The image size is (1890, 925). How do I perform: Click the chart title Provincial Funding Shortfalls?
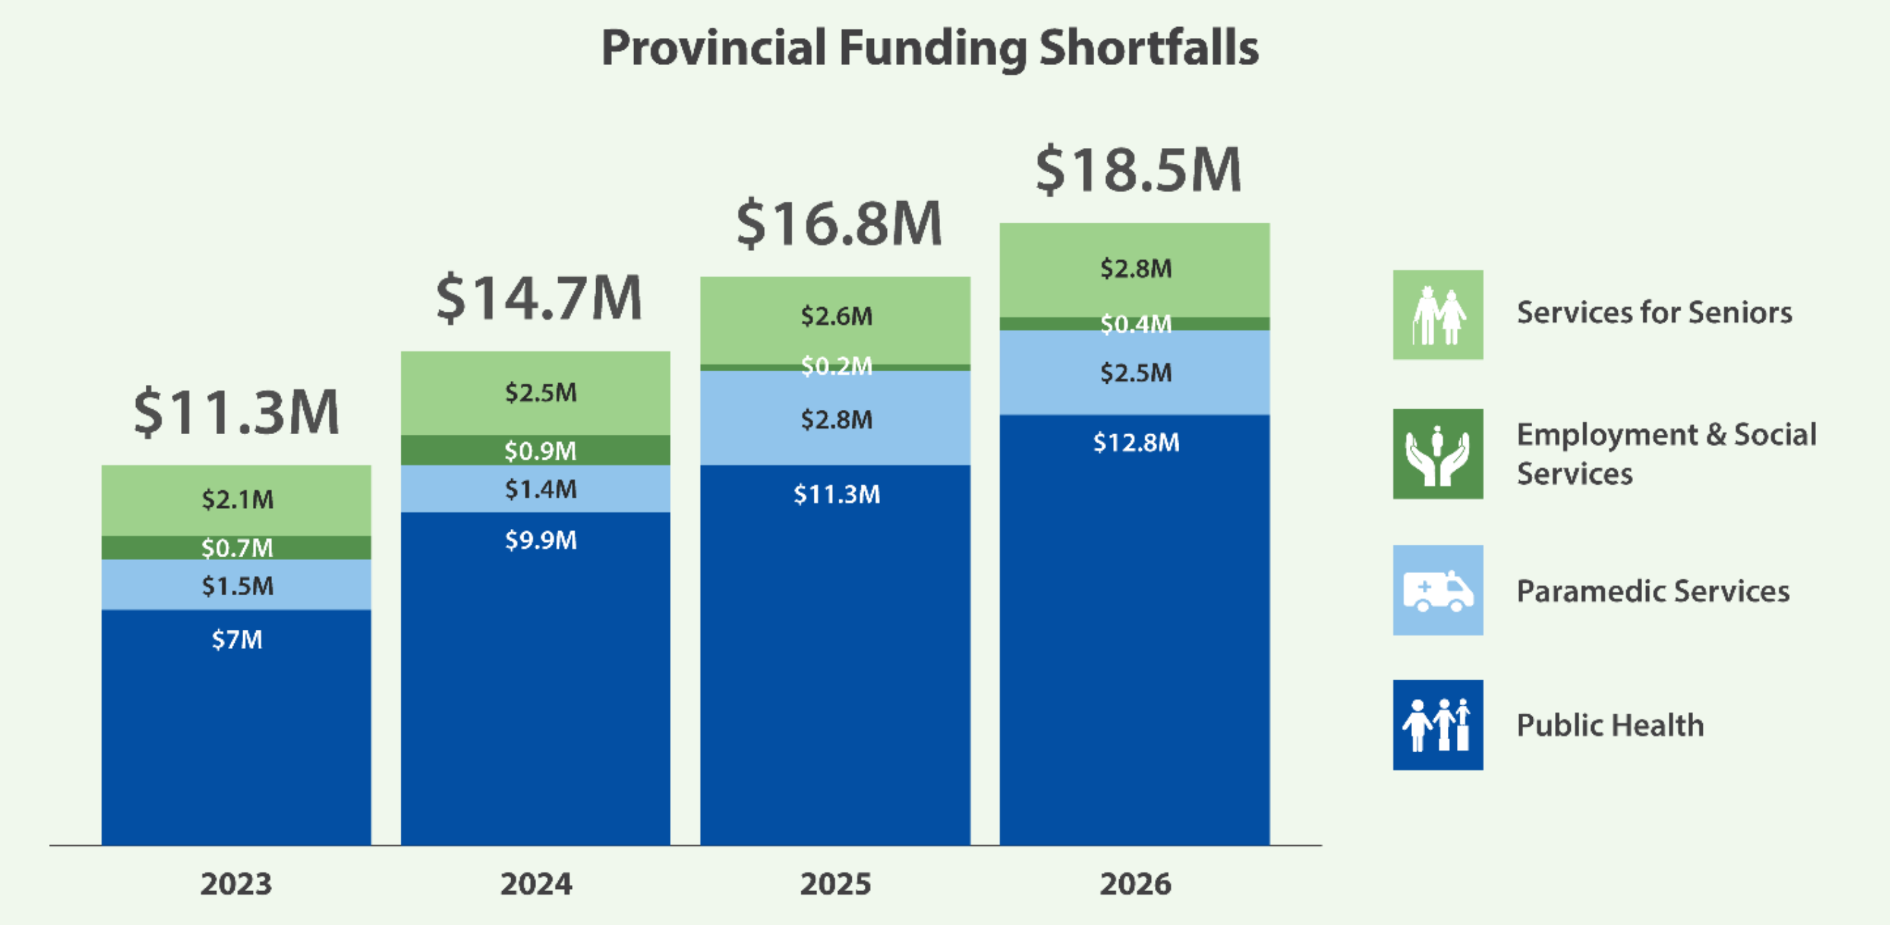pos(930,48)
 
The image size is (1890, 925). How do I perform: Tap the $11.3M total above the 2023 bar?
pos(236,413)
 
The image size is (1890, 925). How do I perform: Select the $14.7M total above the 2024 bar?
pos(540,298)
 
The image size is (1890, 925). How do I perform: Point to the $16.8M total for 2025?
pos(839,223)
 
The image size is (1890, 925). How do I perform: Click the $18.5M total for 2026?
pos(1138,169)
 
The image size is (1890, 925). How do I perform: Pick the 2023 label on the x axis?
pos(236,884)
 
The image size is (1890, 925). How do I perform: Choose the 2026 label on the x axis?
pos(1135,884)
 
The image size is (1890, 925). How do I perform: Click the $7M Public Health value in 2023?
pos(237,639)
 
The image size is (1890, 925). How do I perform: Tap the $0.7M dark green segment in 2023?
pos(237,548)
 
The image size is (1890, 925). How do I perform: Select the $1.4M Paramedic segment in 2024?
pos(541,489)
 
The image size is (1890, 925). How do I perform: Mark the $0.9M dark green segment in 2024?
pos(541,451)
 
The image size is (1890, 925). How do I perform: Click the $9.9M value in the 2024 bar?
pos(541,541)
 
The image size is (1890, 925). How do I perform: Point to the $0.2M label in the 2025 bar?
pos(837,366)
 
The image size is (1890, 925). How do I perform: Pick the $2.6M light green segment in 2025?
pos(837,317)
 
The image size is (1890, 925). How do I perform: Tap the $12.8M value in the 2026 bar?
pos(1136,442)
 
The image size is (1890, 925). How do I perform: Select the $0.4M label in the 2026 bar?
pos(1136,324)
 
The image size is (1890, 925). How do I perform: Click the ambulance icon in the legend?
pos(1438,590)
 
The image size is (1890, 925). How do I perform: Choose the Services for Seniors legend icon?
pos(1438,315)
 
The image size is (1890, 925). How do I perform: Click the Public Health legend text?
pos(1610,725)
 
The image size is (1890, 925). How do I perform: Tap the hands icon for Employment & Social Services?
pos(1438,454)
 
